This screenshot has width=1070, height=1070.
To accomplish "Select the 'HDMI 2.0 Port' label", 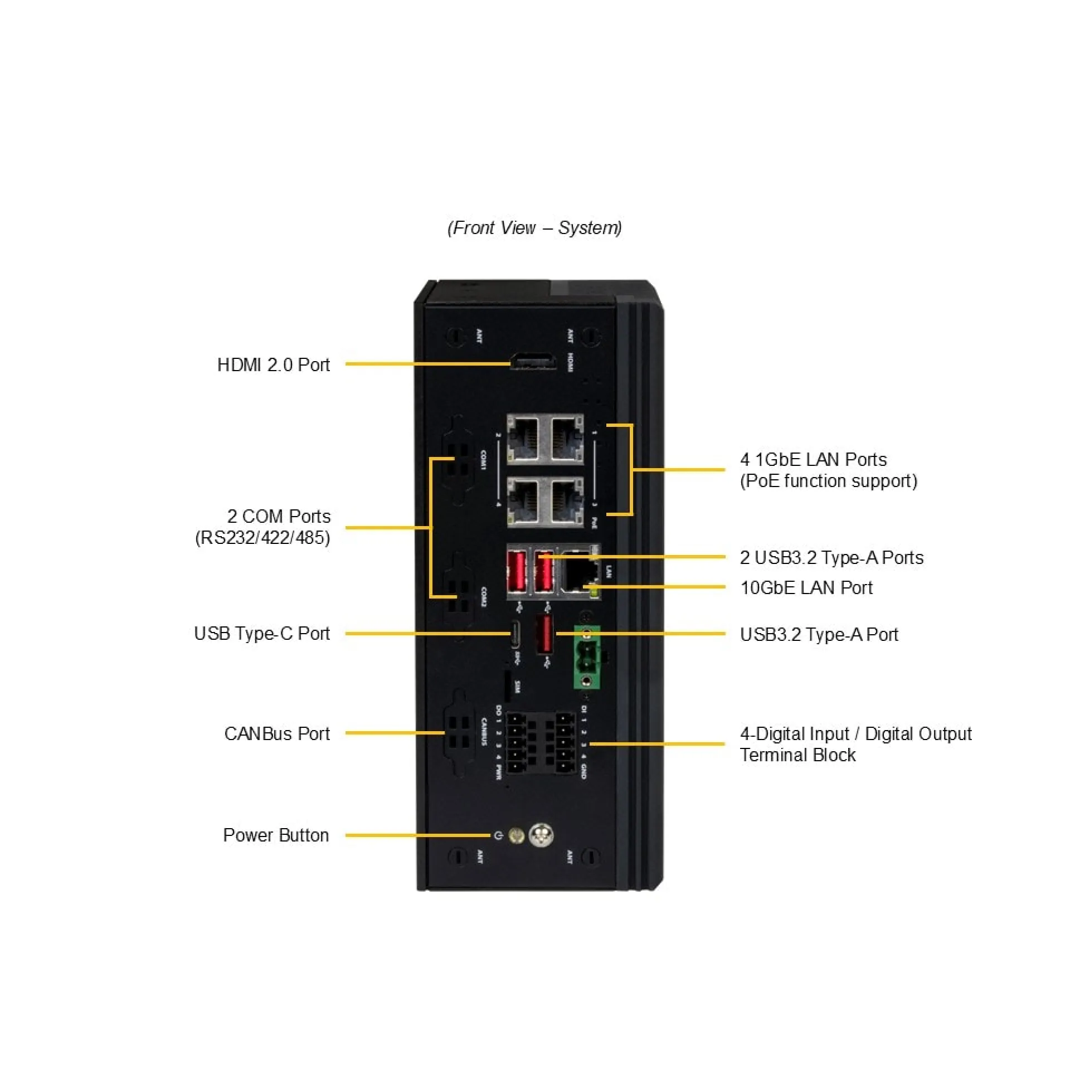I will click(273, 365).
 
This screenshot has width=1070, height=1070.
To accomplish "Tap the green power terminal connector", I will click(586, 657).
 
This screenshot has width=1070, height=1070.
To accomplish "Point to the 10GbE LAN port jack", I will click(579, 574).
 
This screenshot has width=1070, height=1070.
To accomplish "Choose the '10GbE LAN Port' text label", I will click(806, 588).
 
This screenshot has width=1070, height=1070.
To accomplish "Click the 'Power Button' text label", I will click(276, 835).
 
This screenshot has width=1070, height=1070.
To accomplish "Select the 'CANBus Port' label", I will click(277, 734).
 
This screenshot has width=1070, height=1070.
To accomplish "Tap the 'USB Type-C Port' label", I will click(262, 634).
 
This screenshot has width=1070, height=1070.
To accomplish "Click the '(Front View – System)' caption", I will click(534, 228).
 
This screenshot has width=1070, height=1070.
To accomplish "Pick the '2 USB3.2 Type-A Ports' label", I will click(831, 558).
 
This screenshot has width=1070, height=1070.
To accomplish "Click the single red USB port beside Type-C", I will click(544, 635).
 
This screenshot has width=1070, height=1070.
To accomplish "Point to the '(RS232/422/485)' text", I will click(262, 538).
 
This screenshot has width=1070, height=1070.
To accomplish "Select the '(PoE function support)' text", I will click(828, 481).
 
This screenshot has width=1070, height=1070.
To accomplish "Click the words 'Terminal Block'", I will click(797, 755).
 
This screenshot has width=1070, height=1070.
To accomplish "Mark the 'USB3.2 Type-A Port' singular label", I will click(819, 635).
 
